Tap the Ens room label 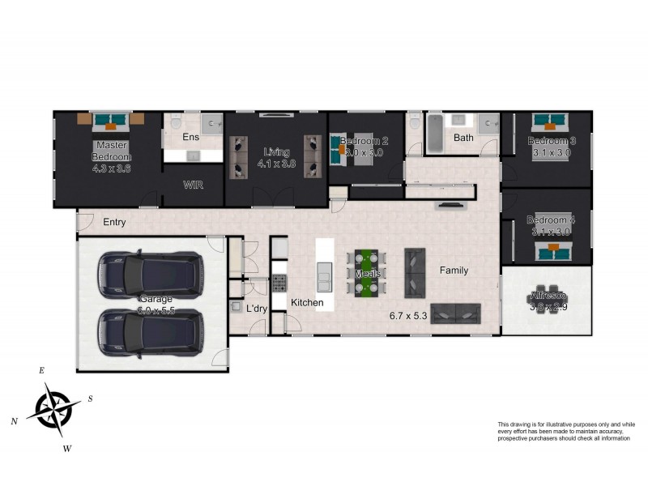[x=190, y=137]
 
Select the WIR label [x=193, y=185]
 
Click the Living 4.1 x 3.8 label [x=276, y=157]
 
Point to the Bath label [x=463, y=138]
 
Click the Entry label [x=114, y=221]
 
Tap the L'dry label [x=257, y=309]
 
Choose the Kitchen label [x=307, y=303]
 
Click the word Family [x=454, y=271]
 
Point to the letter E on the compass [x=41, y=370]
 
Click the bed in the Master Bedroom [x=111, y=121]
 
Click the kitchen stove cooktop [x=279, y=283]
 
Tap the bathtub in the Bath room [x=433, y=134]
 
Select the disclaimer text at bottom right [x=565, y=431]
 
